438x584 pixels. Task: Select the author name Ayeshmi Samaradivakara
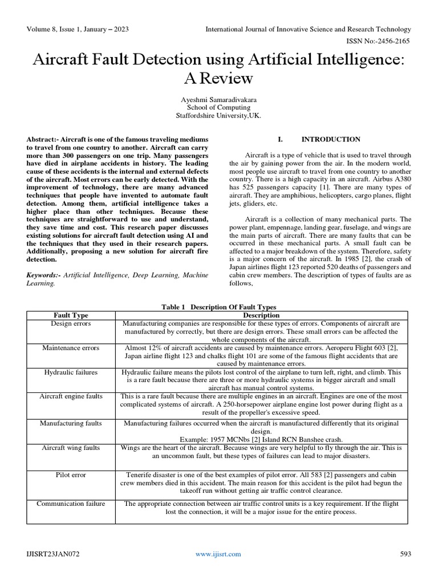click(218, 99)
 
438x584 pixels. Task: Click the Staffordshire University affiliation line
click(218, 115)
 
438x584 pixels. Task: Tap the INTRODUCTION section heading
click(330, 139)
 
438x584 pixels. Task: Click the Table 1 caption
click(218, 307)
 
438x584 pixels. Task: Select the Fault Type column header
click(71, 315)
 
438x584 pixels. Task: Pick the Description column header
click(261, 315)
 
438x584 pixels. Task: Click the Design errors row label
click(71, 323)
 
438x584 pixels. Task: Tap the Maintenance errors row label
click(71, 347)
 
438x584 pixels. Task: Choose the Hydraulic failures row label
click(71, 372)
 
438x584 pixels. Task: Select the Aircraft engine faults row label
click(71, 396)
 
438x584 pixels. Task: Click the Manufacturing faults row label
click(71, 423)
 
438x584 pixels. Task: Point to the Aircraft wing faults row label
click(71, 448)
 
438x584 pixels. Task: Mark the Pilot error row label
click(71, 474)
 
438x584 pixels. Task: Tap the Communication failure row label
click(71, 504)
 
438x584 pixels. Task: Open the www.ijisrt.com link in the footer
click(218, 554)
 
